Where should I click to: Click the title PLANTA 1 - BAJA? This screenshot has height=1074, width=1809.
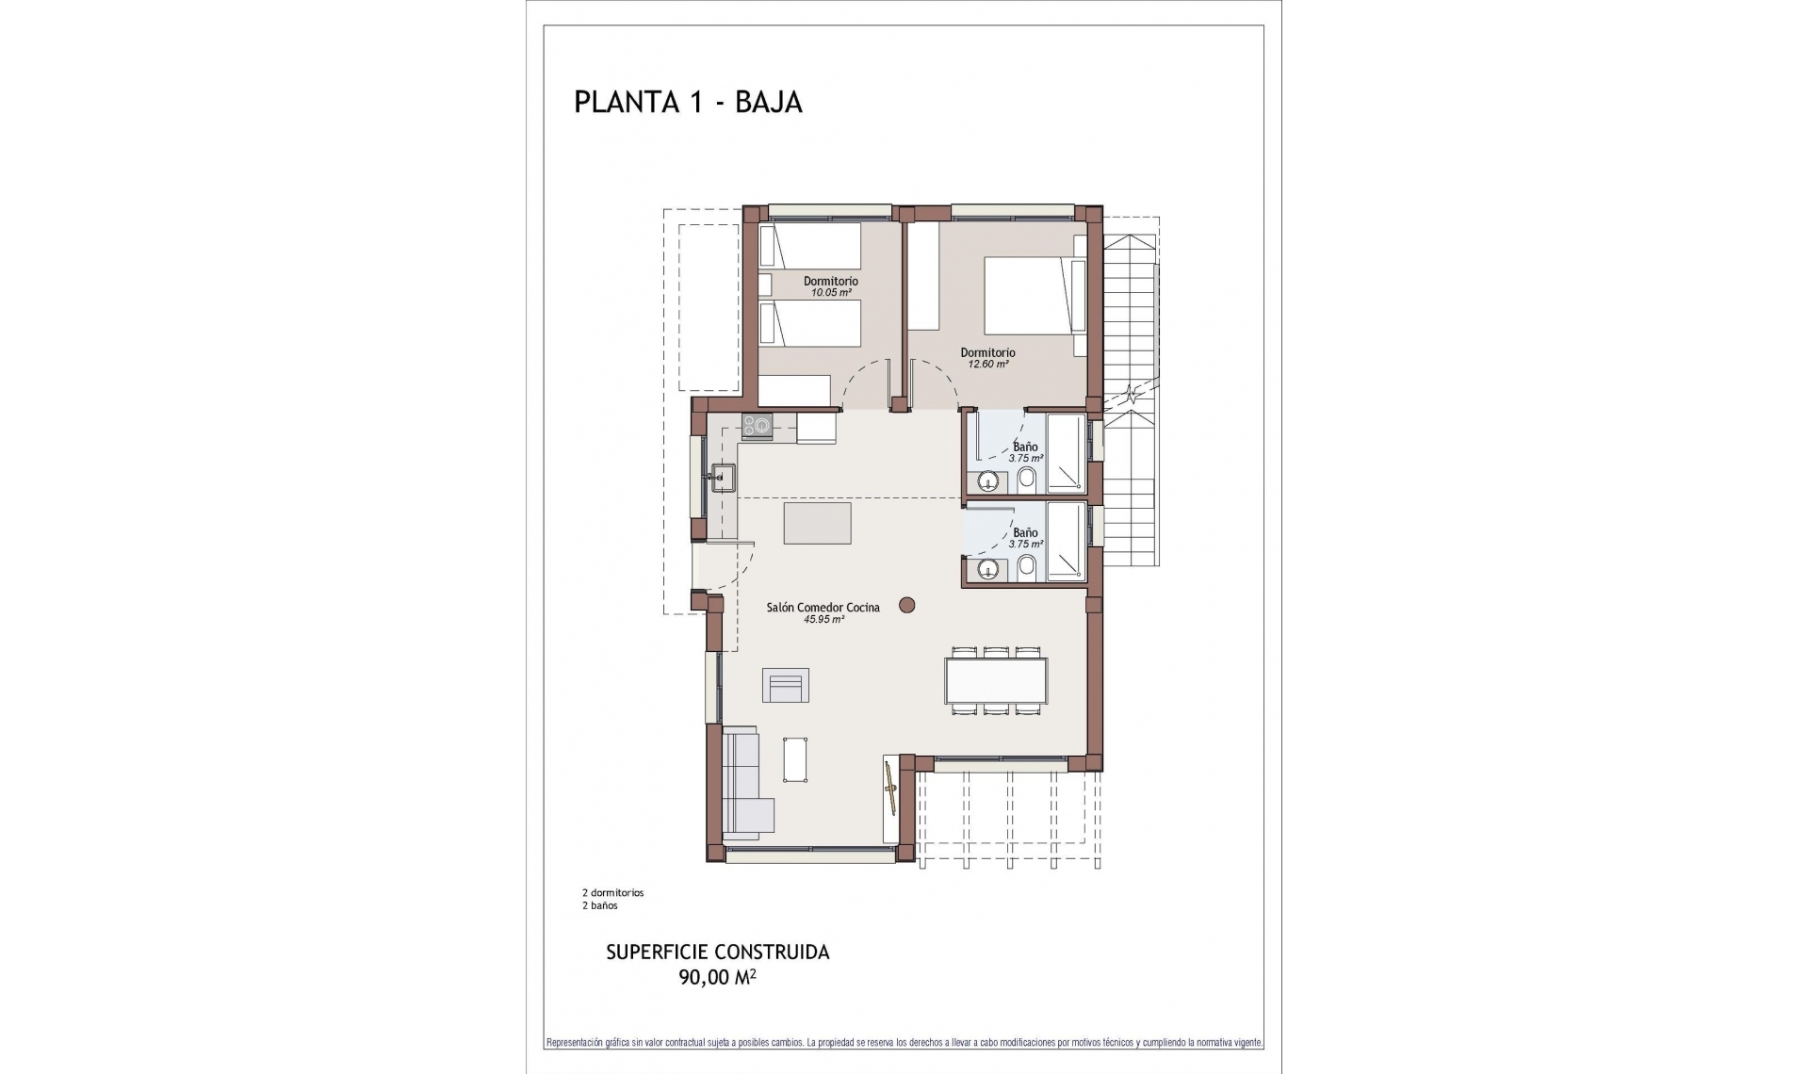(x=688, y=103)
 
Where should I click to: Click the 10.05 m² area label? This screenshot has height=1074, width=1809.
(x=831, y=293)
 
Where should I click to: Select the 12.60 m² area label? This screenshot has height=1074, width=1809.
(x=986, y=365)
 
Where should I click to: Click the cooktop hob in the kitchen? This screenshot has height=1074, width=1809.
(x=757, y=427)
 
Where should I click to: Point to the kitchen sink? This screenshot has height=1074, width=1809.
(x=722, y=478)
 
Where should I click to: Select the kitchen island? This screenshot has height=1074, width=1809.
(x=818, y=523)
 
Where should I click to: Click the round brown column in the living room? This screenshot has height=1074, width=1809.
(x=907, y=606)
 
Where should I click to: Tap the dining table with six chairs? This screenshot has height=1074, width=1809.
(x=996, y=680)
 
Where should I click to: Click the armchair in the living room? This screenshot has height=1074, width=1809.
(x=785, y=685)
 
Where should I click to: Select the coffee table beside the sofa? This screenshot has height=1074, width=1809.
(x=796, y=758)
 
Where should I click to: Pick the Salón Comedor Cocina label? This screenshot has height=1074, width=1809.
(x=823, y=608)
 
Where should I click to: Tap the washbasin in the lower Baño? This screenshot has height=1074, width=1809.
(x=987, y=568)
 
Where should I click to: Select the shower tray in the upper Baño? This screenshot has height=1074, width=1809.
(x=1066, y=453)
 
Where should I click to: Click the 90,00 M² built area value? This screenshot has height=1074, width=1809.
(x=717, y=978)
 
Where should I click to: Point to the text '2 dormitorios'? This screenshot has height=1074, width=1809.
(x=612, y=892)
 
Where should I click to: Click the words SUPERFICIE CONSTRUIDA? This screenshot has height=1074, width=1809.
(x=717, y=952)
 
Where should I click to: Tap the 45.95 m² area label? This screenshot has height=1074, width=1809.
(x=823, y=620)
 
